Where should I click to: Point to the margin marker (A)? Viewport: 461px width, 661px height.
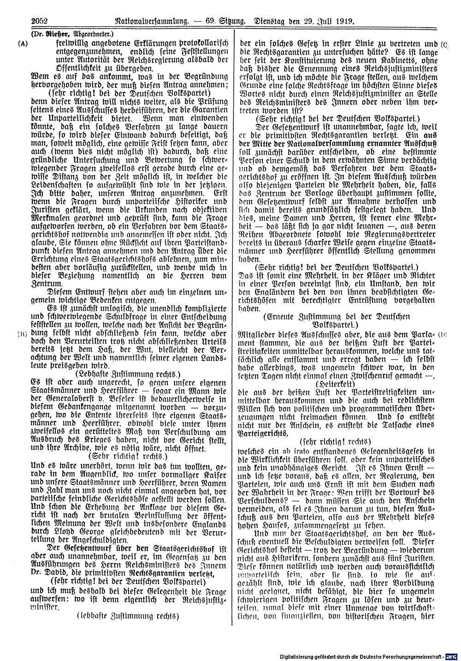pos(22,45)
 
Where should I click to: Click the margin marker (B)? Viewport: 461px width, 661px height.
pos(22,332)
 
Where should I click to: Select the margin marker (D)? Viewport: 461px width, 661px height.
pos(443,332)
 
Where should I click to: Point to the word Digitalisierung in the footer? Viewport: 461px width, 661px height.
pos(301,655)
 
